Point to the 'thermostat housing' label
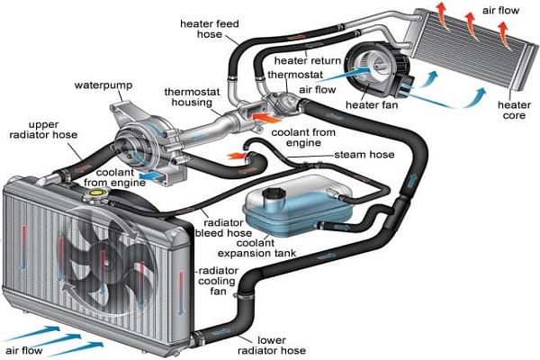192,98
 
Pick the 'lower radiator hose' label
285,346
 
